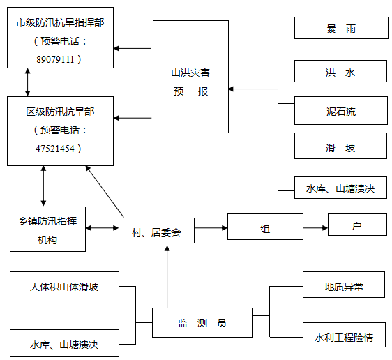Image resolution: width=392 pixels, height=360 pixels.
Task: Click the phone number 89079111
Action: pyautogui.click(x=55, y=59)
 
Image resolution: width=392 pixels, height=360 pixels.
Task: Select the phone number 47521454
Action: pyautogui.click(x=55, y=149)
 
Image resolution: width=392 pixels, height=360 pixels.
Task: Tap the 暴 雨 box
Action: pyautogui.click(x=341, y=28)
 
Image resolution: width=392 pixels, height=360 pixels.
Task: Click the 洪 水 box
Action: pyautogui.click(x=340, y=71)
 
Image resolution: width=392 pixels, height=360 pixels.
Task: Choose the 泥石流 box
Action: pyautogui.click(x=341, y=110)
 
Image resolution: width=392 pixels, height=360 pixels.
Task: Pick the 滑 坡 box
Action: pyautogui.click(x=340, y=146)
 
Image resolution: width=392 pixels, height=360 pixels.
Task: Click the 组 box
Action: pyautogui.click(x=265, y=227)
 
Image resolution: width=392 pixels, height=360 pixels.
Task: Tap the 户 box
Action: pyautogui.click(x=357, y=225)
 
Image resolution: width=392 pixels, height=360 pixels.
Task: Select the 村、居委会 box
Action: pyautogui.click(x=156, y=230)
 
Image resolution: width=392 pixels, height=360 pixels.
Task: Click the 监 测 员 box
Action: pyautogui.click(x=202, y=323)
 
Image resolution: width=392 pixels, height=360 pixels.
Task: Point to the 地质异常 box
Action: pyautogui.click(x=344, y=285)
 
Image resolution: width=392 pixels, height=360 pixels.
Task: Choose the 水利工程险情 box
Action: pyautogui.click(x=344, y=335)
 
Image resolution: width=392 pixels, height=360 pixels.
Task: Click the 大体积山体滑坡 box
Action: pyautogui.click(x=64, y=287)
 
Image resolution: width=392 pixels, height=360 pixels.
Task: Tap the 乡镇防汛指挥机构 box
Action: pyautogui.click(x=47, y=230)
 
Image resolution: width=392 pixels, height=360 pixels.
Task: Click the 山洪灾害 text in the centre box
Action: pyautogui.click(x=190, y=73)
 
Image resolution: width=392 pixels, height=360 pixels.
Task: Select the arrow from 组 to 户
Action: pyautogui.click(x=315, y=228)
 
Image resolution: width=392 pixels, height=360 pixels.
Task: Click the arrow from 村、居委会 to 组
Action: pyautogui.click(x=211, y=228)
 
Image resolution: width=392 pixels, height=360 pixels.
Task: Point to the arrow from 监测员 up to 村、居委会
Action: pyautogui.click(x=167, y=276)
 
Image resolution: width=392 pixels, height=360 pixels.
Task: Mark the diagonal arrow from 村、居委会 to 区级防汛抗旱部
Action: pyautogui.click(x=105, y=191)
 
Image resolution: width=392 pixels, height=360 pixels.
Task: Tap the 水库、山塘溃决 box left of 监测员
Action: pyautogui.click(x=64, y=343)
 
